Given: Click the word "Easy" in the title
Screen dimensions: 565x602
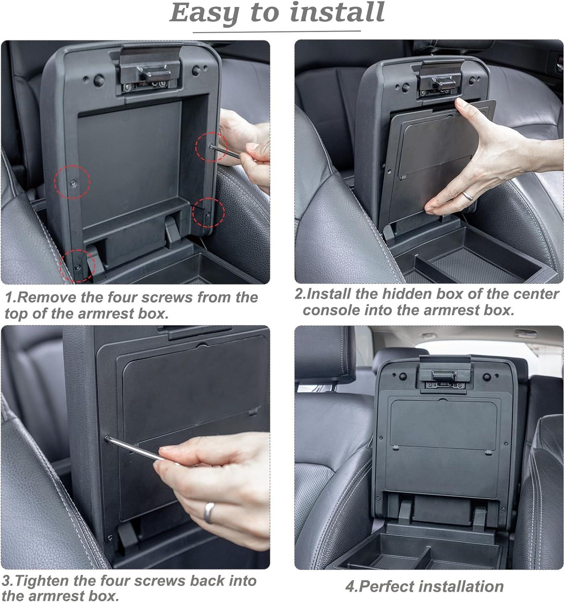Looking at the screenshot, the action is pos(205,13).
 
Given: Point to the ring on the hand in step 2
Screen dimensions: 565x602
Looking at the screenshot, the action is pos(468,195).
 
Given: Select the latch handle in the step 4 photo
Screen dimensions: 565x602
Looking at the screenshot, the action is pos(444,376).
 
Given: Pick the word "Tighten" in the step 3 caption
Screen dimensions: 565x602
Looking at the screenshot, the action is pos(42,581).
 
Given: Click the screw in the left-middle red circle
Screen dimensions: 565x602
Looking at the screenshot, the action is pos(74,183).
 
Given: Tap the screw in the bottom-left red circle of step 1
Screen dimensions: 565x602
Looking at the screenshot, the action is pos(78,267).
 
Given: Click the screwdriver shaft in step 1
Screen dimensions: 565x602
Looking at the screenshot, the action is pos(224,152).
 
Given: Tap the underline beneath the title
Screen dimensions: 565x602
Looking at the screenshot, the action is pos(277,32).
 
